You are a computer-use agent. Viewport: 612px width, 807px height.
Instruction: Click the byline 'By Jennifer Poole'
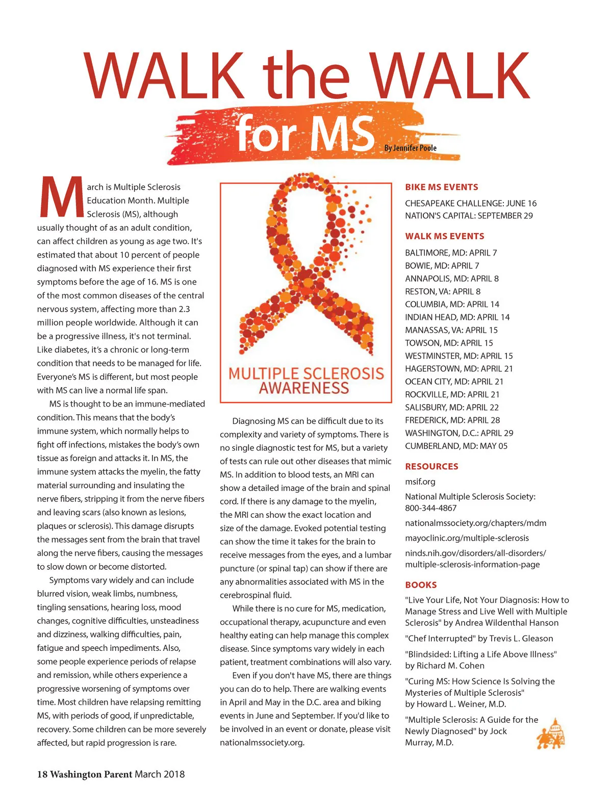pyautogui.click(x=411, y=148)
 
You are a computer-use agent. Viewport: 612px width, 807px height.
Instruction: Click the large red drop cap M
pyautogui.click(x=61, y=196)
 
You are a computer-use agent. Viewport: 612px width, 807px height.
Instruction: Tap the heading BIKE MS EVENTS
pyautogui.click(x=442, y=187)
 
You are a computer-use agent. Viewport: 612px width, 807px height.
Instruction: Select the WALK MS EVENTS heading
pyautogui.click(x=445, y=236)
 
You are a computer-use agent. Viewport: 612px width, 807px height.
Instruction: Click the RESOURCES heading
pyautogui.click(x=431, y=466)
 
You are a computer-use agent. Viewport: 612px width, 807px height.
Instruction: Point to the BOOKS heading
pyautogui.click(x=421, y=585)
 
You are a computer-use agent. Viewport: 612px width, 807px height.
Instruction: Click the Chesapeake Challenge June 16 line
pyautogui.click(x=471, y=203)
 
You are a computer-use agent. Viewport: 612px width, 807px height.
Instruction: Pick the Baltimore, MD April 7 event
pyautogui.click(x=451, y=253)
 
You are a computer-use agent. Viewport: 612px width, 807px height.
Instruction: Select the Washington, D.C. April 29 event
pyautogui.click(x=459, y=433)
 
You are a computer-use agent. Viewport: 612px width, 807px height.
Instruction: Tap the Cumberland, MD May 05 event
pyautogui.click(x=456, y=446)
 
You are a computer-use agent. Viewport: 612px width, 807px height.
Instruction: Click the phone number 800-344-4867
pyautogui.click(x=431, y=508)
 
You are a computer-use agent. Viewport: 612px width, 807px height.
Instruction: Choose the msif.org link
pyautogui.click(x=420, y=482)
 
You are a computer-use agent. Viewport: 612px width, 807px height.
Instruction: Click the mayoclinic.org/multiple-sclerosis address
pyautogui.click(x=467, y=538)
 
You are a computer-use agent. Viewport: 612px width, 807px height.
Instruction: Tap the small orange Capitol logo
pyautogui.click(x=551, y=734)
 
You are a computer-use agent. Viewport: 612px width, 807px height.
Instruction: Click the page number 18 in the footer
pyautogui.click(x=42, y=774)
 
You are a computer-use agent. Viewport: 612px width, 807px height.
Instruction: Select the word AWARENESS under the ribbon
pyautogui.click(x=304, y=388)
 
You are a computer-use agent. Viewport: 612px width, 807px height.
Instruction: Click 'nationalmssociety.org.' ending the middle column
pyautogui.click(x=262, y=743)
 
